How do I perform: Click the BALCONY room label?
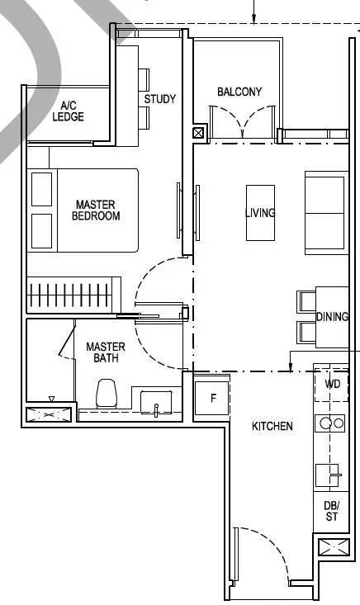tap(239, 92)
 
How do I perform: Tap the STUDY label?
tap(159, 99)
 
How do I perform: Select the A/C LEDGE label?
tap(68, 111)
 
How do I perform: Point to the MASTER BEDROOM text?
tap(96, 210)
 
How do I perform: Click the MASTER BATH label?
tap(106, 352)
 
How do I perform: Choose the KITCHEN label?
tap(272, 426)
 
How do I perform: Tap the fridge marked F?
tap(212, 398)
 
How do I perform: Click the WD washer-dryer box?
tap(332, 385)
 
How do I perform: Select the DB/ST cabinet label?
tap(331, 511)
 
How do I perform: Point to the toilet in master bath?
tap(107, 394)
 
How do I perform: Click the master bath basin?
tap(156, 403)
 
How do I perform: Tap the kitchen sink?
tap(327, 475)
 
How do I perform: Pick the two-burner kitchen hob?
tap(330, 423)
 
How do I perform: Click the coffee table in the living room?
tap(260, 213)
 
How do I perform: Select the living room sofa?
tap(326, 213)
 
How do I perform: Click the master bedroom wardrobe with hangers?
tap(73, 295)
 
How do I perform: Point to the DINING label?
tap(332, 317)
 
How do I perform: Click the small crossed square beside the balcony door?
tap(198, 134)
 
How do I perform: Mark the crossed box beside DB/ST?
tap(334, 547)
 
